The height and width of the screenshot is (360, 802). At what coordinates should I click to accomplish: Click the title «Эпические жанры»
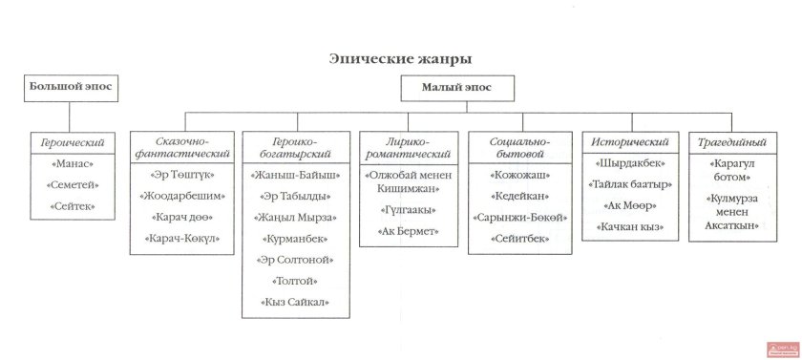(400, 59)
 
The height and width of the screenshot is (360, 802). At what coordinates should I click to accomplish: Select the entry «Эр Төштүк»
(182, 175)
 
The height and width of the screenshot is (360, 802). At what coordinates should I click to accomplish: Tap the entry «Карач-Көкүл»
(182, 238)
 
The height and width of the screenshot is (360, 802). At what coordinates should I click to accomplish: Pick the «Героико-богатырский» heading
(298, 146)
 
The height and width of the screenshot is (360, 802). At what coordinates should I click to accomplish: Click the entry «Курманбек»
(299, 238)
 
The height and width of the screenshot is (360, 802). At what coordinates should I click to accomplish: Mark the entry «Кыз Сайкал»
(299, 302)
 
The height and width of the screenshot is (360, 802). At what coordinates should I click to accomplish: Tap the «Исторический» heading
(626, 142)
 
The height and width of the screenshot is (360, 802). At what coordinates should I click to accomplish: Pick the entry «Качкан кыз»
(626, 226)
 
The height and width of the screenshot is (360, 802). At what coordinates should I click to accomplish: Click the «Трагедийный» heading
(732, 142)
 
